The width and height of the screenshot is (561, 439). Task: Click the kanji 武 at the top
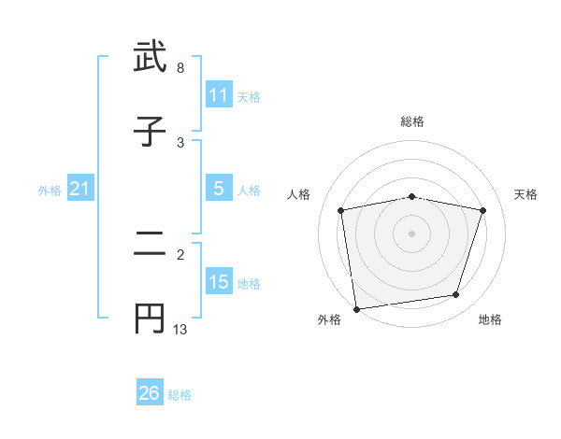click(151, 58)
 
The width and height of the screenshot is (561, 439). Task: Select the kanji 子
click(151, 131)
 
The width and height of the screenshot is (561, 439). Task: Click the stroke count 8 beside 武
click(180, 68)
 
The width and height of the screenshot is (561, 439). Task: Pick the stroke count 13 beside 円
click(180, 329)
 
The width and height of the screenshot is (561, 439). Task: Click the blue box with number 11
click(219, 96)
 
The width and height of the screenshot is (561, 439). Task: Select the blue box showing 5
click(219, 189)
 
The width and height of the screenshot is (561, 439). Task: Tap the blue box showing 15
click(219, 282)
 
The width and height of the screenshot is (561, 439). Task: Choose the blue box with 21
click(80, 190)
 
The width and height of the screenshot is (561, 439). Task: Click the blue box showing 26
click(150, 393)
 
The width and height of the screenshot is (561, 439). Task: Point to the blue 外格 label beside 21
click(50, 191)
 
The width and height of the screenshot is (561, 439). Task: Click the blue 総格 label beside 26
click(180, 395)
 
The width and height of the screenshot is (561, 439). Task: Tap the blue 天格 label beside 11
click(249, 97)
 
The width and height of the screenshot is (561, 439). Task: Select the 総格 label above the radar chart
click(412, 121)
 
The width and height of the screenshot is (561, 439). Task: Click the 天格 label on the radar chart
click(526, 194)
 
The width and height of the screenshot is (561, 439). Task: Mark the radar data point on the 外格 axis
click(356, 308)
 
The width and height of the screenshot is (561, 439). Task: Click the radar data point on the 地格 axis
click(456, 295)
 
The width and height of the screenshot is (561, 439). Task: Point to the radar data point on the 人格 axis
click(341, 211)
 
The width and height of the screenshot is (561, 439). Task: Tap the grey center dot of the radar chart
click(412, 233)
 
